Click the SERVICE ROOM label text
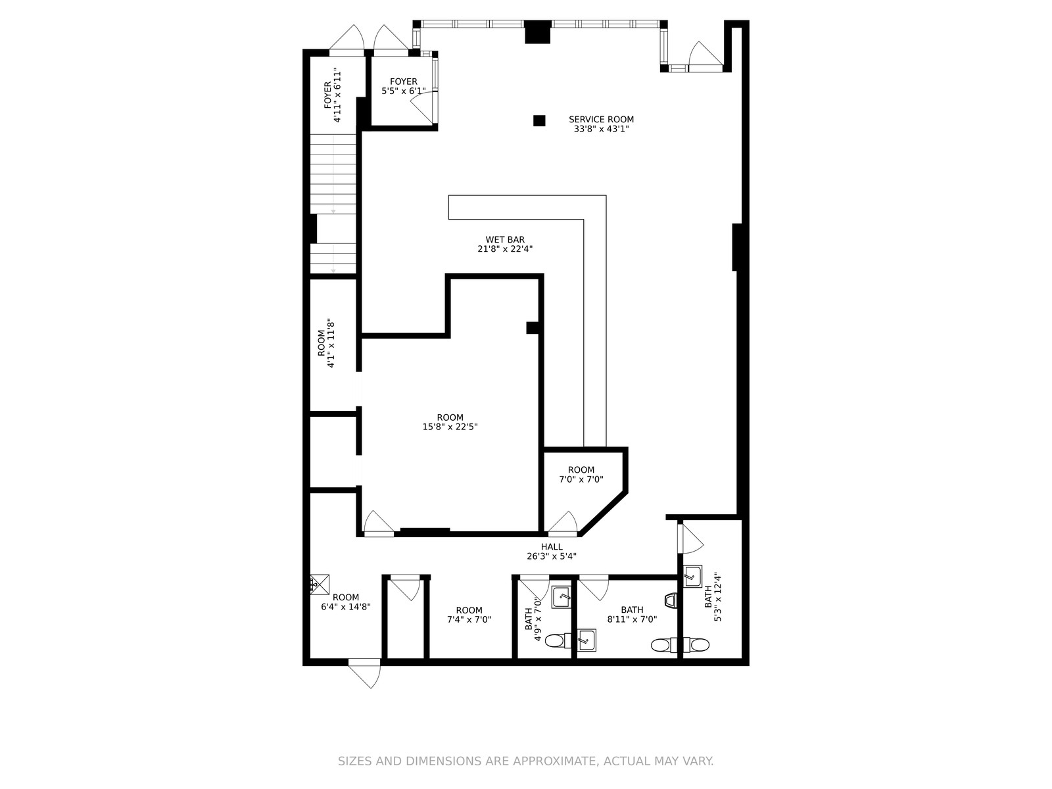pyautogui.click(x=601, y=119)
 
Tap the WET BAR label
pyautogui.click(x=505, y=239)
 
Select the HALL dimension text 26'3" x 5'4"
pyautogui.click(x=551, y=556)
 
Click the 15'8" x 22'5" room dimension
pyautogui.click(x=450, y=426)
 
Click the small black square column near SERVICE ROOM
pyautogui.click(x=539, y=121)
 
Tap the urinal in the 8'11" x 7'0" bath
pyautogui.click(x=671, y=601)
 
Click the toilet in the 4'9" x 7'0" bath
pyautogui.click(x=558, y=640)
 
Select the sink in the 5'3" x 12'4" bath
pyautogui.click(x=692, y=575)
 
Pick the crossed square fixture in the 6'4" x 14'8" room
pyautogui.click(x=320, y=585)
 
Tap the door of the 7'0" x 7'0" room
pyautogui.click(x=563, y=523)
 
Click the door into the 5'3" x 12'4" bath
pyautogui.click(x=690, y=538)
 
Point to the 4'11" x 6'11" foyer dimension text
pyautogui.click(x=337, y=95)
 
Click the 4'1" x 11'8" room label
pyautogui.click(x=325, y=343)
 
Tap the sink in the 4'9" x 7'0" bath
pyautogui.click(x=562, y=598)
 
